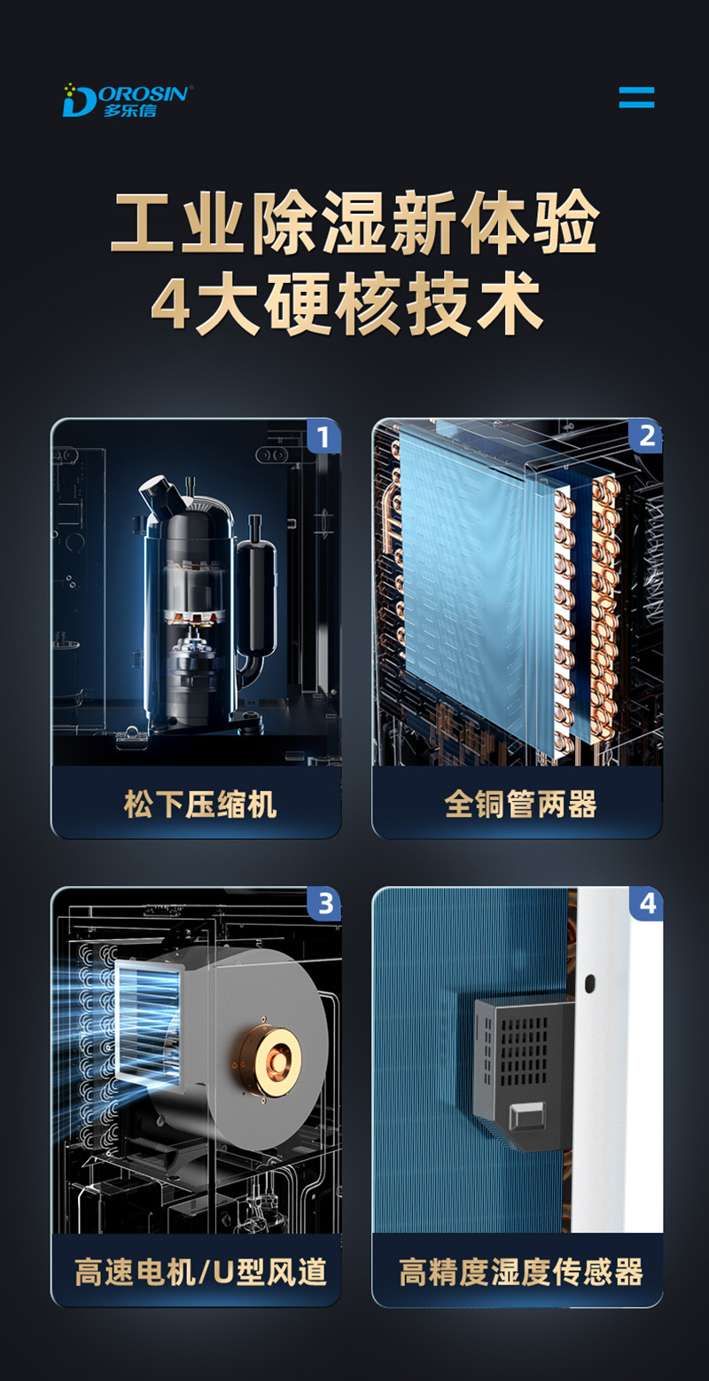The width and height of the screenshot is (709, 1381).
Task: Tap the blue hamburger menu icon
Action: [636, 97]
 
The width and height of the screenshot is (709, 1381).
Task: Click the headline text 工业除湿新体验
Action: [354, 222]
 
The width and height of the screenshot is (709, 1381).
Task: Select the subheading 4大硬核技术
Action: [347, 305]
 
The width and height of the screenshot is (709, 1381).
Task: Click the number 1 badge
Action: [323, 437]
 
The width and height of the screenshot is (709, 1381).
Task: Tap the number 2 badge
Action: [645, 437]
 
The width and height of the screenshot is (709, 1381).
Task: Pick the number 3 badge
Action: [324, 905]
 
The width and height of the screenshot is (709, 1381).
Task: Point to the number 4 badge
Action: [646, 905]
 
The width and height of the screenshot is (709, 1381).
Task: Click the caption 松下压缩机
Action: [200, 804]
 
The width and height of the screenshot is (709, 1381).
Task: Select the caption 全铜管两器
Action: [520, 804]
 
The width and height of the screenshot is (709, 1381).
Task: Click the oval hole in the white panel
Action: [589, 983]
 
